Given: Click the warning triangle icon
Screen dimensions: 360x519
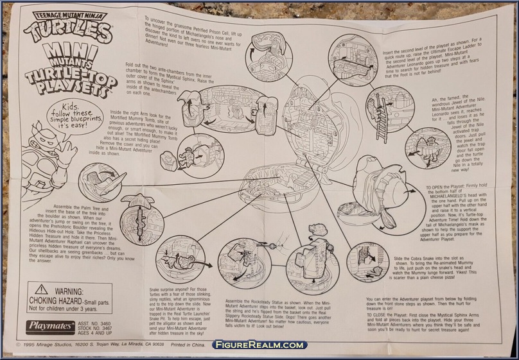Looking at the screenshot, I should pos(42,289).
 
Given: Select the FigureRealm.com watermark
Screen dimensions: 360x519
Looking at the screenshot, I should pos(259,345).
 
